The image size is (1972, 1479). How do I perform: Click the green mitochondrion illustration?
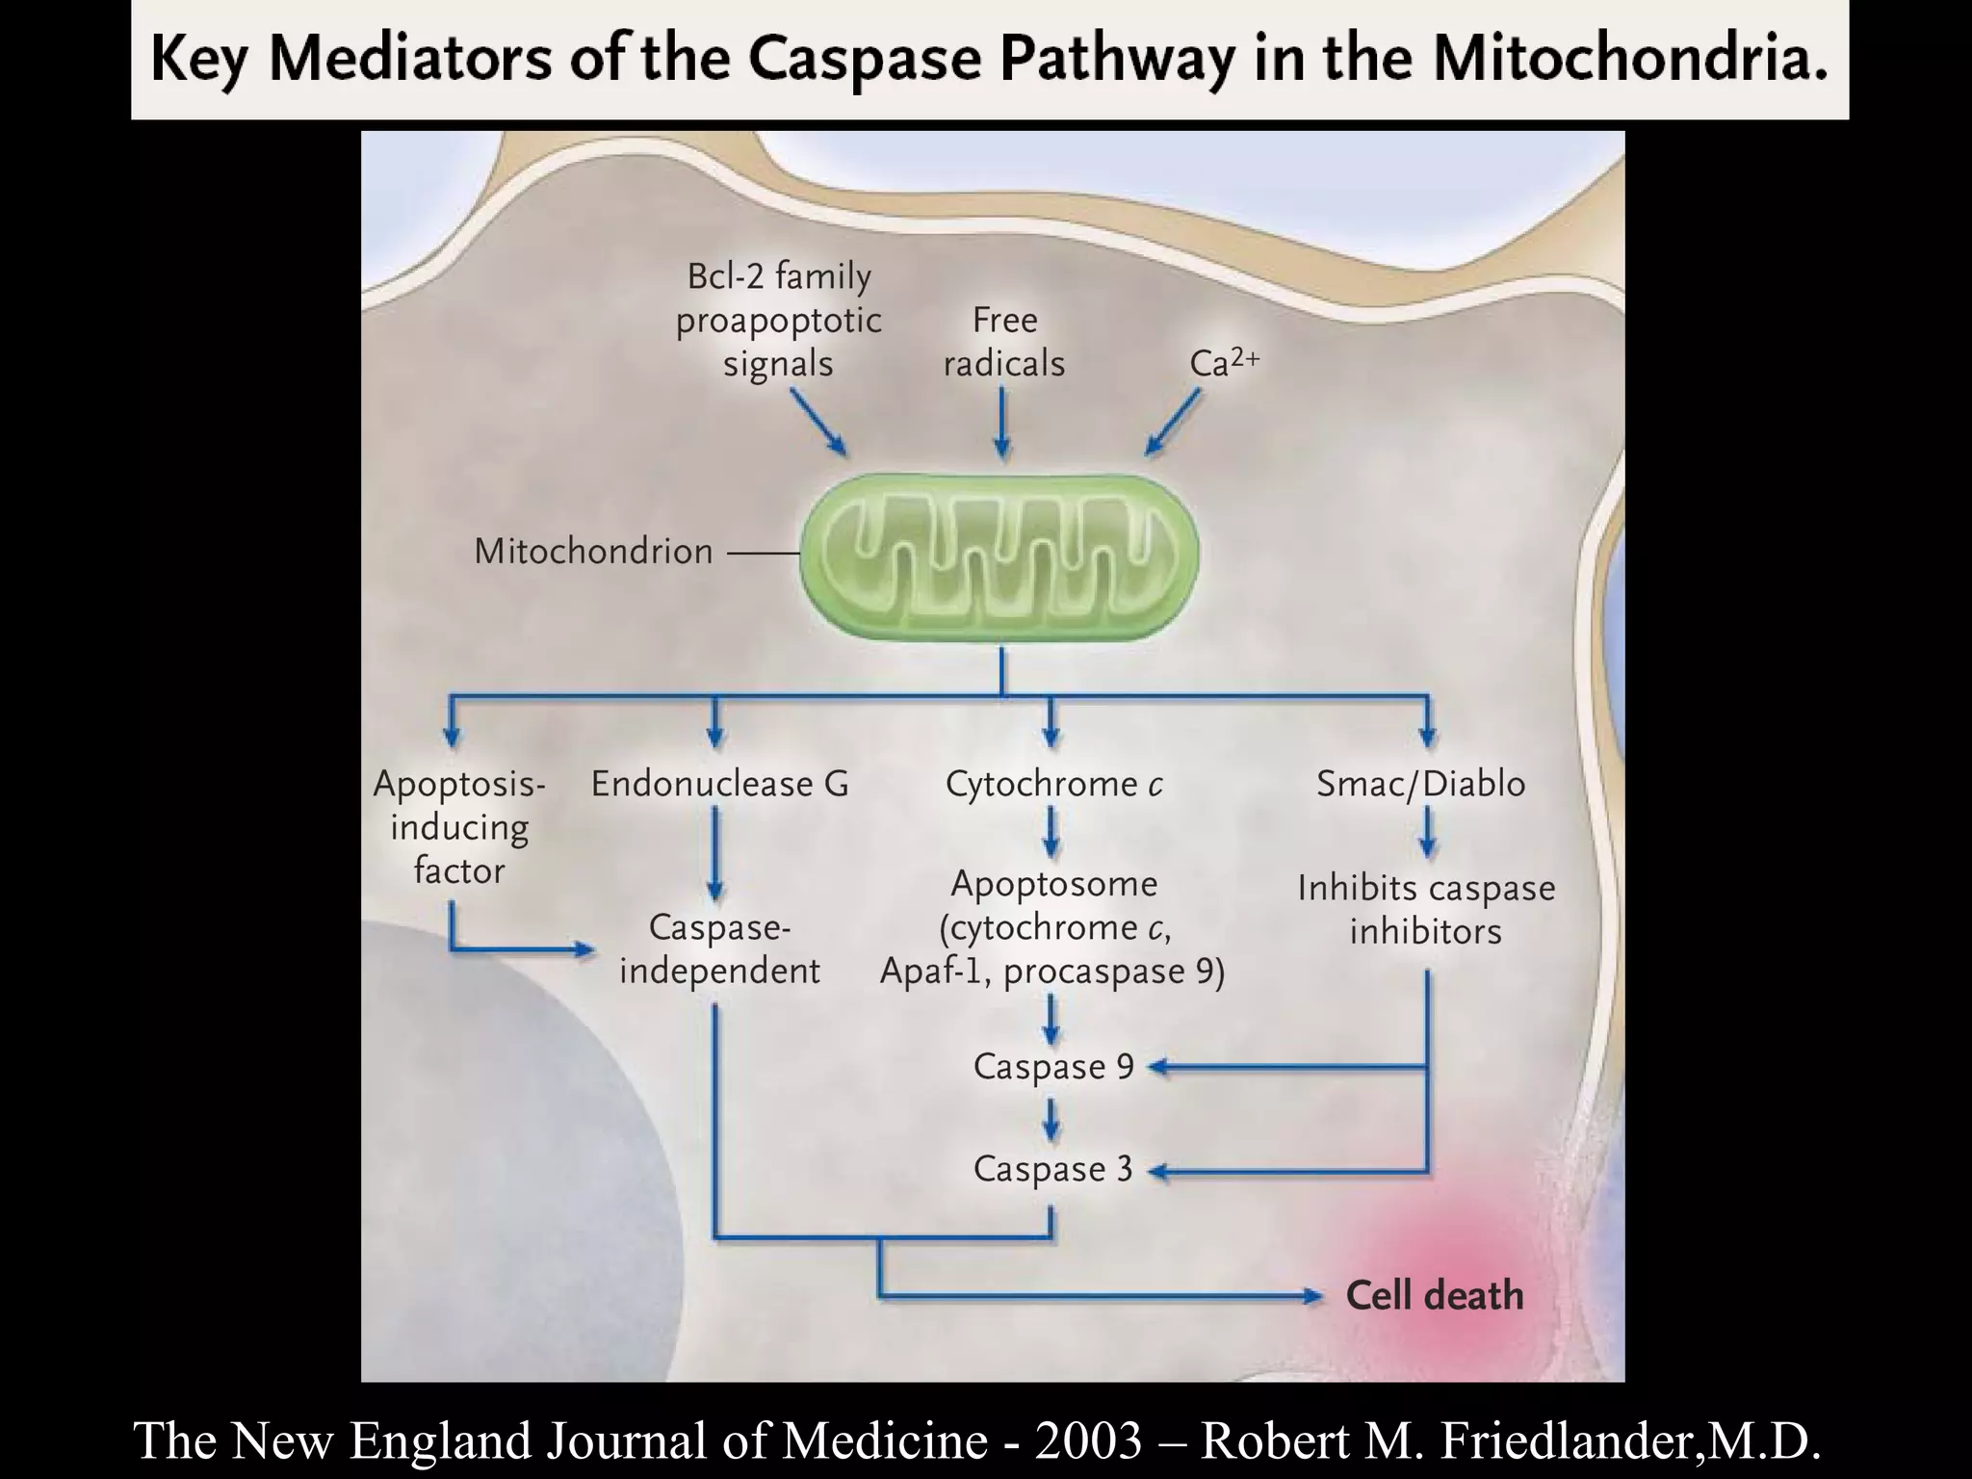999,558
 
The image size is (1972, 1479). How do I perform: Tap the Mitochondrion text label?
593,552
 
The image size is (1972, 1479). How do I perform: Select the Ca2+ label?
1223,363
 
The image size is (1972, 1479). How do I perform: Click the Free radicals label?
1003,342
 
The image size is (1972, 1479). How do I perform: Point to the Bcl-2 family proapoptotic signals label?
778,320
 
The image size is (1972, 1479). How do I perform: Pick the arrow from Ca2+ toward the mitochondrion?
1172,422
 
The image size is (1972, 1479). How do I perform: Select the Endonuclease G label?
719,784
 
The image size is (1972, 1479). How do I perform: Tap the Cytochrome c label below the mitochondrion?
1053,784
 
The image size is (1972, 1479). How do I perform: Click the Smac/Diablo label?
1420,784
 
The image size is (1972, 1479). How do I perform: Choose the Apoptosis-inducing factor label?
459,827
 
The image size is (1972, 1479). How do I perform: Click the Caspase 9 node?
1053,1067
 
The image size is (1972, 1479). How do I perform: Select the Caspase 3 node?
1052,1169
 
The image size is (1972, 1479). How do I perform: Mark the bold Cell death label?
1434,1296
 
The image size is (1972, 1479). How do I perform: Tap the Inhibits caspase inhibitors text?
1425,909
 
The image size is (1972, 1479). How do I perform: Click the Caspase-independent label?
719,949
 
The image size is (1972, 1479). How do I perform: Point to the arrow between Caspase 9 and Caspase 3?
1051,1119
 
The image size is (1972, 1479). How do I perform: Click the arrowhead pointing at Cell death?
1312,1296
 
